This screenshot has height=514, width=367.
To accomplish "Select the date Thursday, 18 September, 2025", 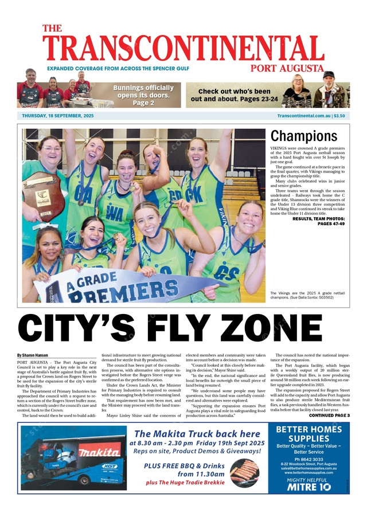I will click(x=57, y=116).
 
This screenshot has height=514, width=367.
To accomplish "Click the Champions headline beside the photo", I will click(x=303, y=136).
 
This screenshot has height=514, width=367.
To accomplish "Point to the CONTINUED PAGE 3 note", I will click(x=329, y=415).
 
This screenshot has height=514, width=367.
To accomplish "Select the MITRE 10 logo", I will click(x=309, y=486).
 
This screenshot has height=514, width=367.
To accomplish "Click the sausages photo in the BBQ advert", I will click(x=244, y=473).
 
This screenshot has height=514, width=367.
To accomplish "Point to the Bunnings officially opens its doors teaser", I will click(x=143, y=95).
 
